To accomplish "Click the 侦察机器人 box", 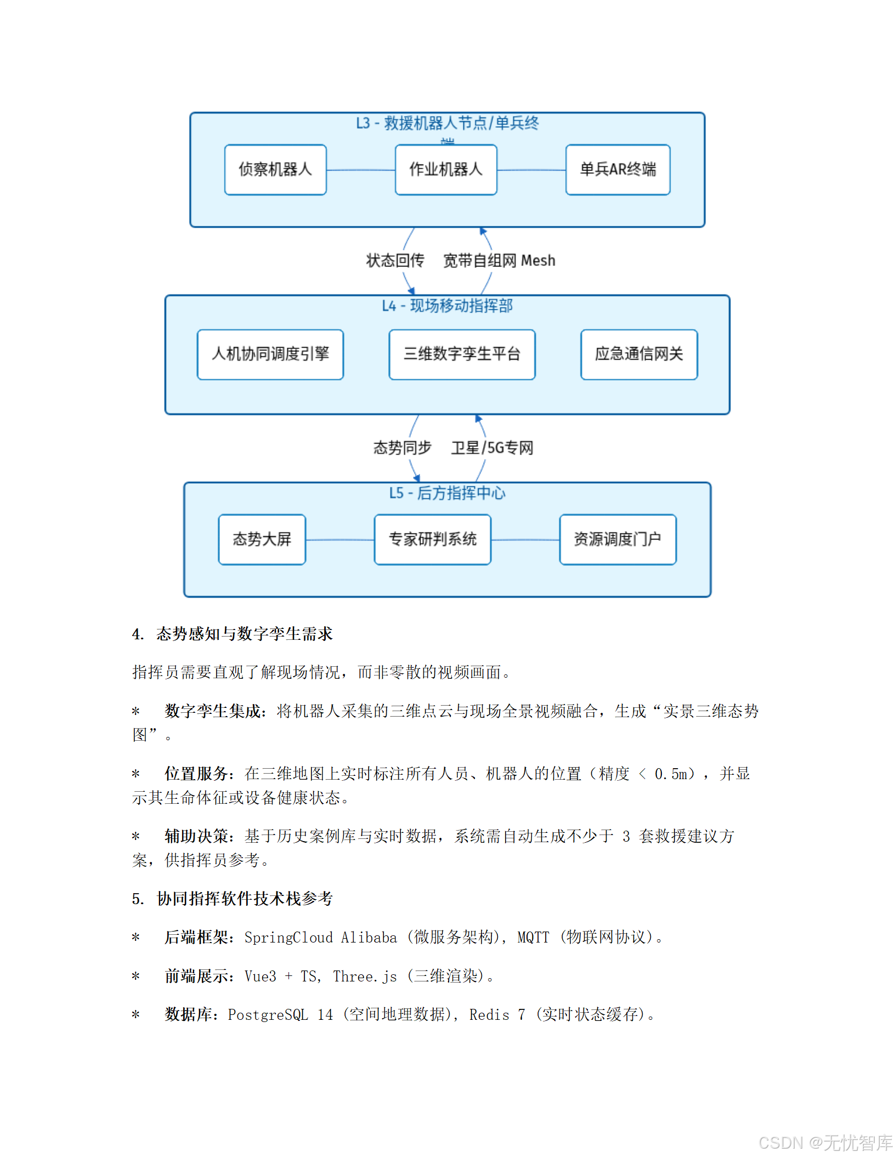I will pyautogui.click(x=275, y=169).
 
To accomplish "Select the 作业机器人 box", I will pyautogui.click(x=446, y=169).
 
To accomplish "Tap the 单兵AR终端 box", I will pyautogui.click(x=618, y=169).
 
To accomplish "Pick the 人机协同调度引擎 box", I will pyautogui.click(x=270, y=354).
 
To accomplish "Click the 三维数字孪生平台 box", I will pyautogui.click(x=462, y=354).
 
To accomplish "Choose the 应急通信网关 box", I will pyautogui.click(x=639, y=354).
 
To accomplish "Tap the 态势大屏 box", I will pyautogui.click(x=262, y=540).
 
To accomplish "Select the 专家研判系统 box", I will pyautogui.click(x=432, y=540).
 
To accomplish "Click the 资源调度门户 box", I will pyautogui.click(x=618, y=540).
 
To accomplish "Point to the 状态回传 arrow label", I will pyautogui.click(x=395, y=260).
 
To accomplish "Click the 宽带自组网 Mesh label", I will pyautogui.click(x=499, y=260).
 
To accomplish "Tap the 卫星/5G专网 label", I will pyautogui.click(x=492, y=448).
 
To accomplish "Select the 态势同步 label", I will pyautogui.click(x=403, y=448).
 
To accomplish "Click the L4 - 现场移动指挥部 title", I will pyautogui.click(x=447, y=306).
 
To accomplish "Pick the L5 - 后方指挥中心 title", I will pyautogui.click(x=447, y=493).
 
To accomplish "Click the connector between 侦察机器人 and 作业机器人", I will pyautogui.click(x=360, y=170).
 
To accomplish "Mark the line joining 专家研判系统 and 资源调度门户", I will pyautogui.click(x=525, y=540).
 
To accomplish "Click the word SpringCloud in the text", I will pyautogui.click(x=288, y=938).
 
